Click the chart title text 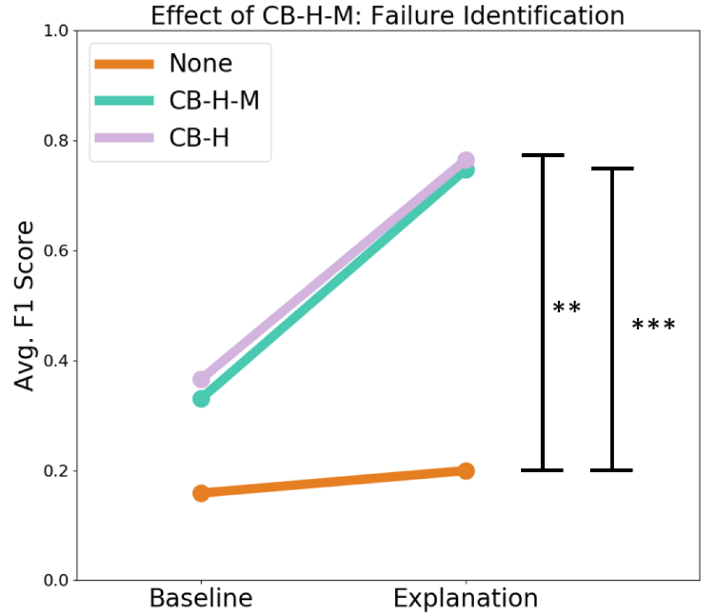tap(387, 15)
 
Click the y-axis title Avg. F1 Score tap(25, 306)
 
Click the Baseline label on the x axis tap(201, 598)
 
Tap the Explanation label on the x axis tap(466, 598)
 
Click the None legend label tap(201, 63)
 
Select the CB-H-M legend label tap(214, 101)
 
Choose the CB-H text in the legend tap(199, 138)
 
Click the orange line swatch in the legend tap(125, 64)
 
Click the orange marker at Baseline tap(201, 493)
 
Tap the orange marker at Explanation tap(466, 471)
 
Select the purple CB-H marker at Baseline tap(201, 379)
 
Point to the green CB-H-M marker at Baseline tap(201, 399)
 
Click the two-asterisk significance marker tap(566, 308)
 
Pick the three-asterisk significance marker tap(654, 326)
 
